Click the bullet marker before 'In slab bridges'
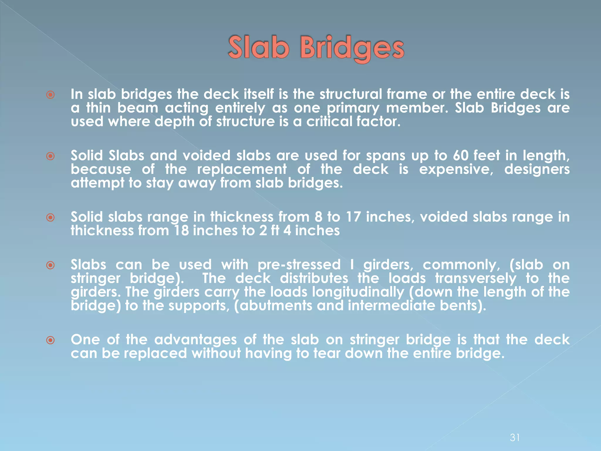(50, 95)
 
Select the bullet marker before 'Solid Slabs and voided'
(50, 156)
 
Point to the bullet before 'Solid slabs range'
(50, 218)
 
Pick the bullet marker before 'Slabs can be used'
(50, 265)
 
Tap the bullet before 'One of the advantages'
(50, 340)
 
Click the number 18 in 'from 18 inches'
(181, 231)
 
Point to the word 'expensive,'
(456, 169)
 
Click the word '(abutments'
(273, 306)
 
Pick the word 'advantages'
(195, 340)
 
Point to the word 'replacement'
(242, 169)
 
